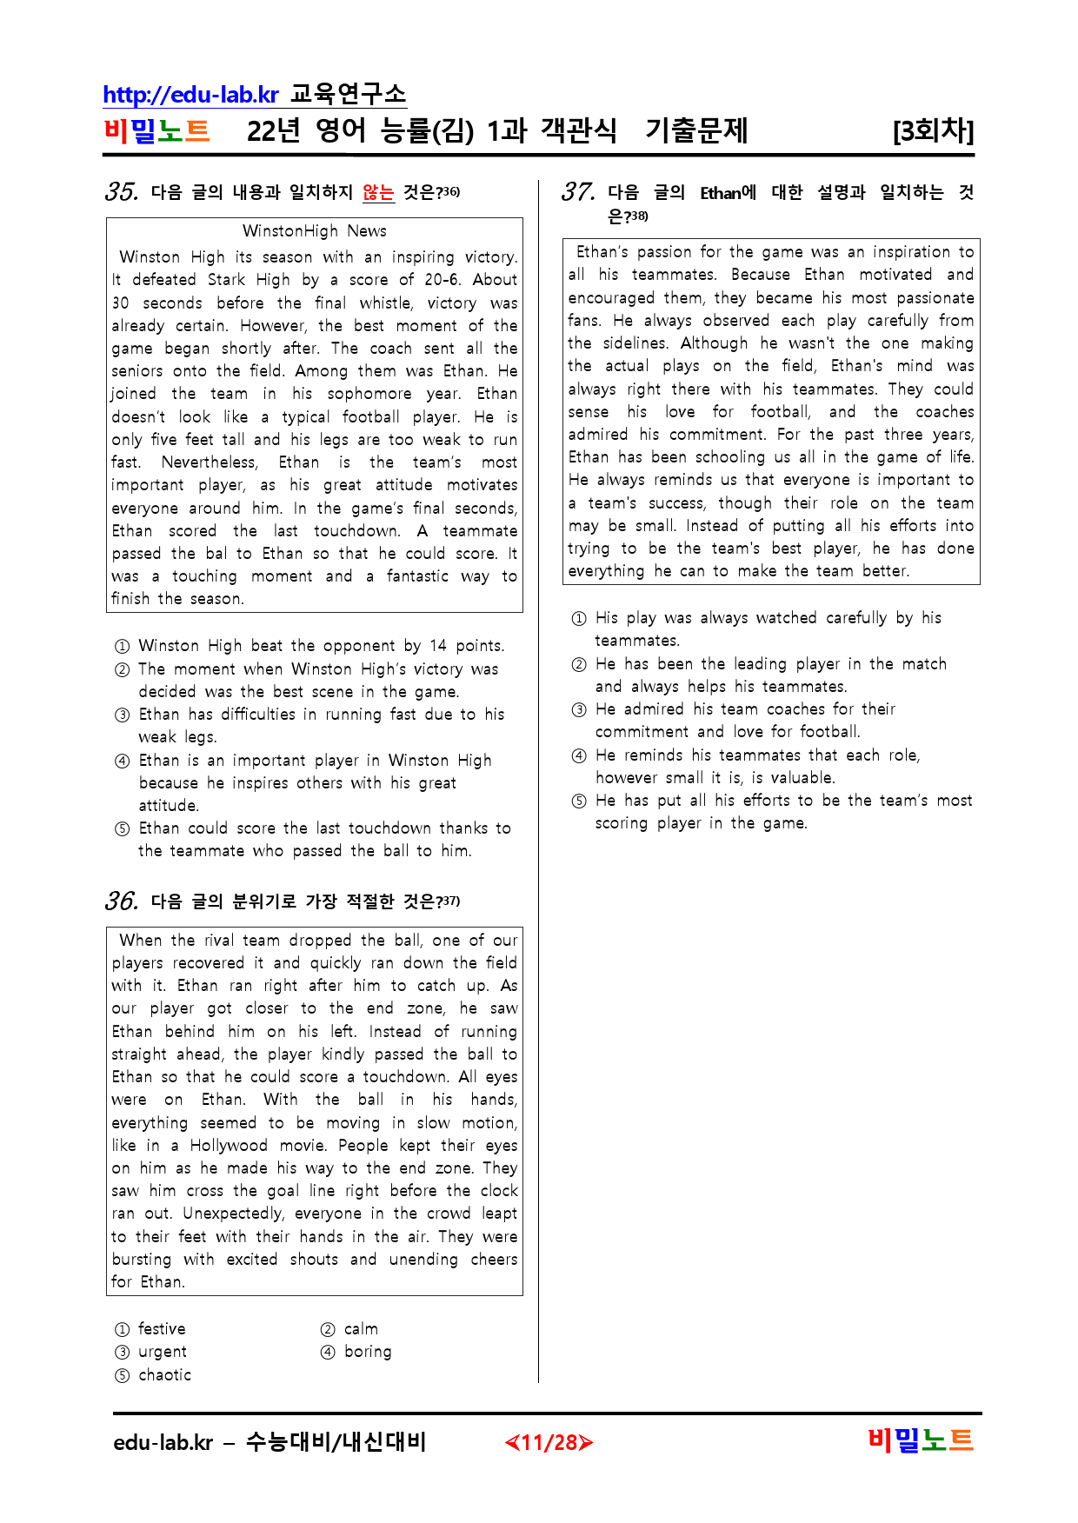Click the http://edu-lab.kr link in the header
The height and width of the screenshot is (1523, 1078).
tap(190, 94)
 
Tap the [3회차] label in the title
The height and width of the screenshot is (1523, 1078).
tap(933, 131)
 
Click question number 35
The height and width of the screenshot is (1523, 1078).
tap(121, 191)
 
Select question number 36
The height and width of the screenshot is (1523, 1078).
tap(121, 901)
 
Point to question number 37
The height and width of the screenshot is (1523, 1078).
tap(577, 191)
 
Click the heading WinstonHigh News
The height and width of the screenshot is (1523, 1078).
tap(314, 230)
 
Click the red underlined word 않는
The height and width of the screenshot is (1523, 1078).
tap(378, 192)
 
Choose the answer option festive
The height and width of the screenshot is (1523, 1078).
tap(162, 1328)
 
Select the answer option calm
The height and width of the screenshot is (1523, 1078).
tap(361, 1328)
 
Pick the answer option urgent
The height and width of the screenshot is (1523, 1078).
tap(163, 1352)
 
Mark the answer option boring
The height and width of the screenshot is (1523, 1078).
tap(368, 1352)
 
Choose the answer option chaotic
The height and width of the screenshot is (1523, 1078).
tap(164, 1374)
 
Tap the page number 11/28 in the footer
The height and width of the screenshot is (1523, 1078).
tap(549, 1443)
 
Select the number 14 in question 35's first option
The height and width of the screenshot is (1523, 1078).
tap(437, 646)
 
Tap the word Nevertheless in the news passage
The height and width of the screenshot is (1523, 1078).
tap(209, 462)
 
